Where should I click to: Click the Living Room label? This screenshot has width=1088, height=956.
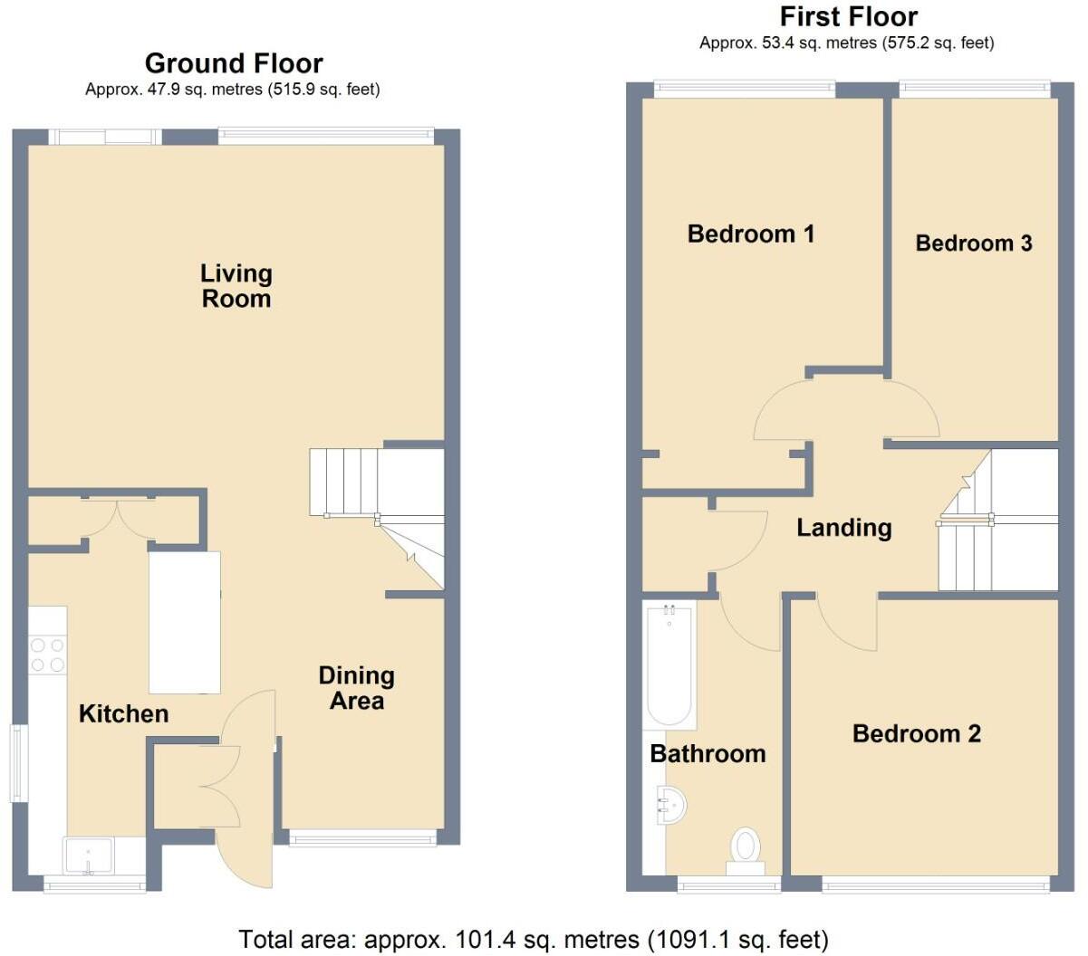[x=236, y=286]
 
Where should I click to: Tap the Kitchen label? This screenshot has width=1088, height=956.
[x=123, y=714]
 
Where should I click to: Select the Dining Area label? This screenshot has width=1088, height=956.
[x=356, y=688]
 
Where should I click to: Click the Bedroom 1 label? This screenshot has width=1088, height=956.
[x=750, y=234]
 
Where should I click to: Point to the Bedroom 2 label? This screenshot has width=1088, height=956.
[x=916, y=733]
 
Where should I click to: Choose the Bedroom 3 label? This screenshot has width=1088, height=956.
[x=973, y=244]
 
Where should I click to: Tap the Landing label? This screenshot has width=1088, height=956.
[x=843, y=528]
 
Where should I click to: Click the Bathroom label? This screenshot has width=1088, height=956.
[x=708, y=754]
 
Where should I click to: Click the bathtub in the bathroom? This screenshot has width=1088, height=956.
[x=669, y=665]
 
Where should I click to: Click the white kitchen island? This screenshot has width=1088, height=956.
[x=185, y=622]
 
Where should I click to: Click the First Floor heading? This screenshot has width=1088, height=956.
[x=848, y=17]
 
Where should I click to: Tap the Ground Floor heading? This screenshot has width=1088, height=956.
[x=233, y=63]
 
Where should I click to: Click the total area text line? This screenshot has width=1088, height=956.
[x=533, y=939]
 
